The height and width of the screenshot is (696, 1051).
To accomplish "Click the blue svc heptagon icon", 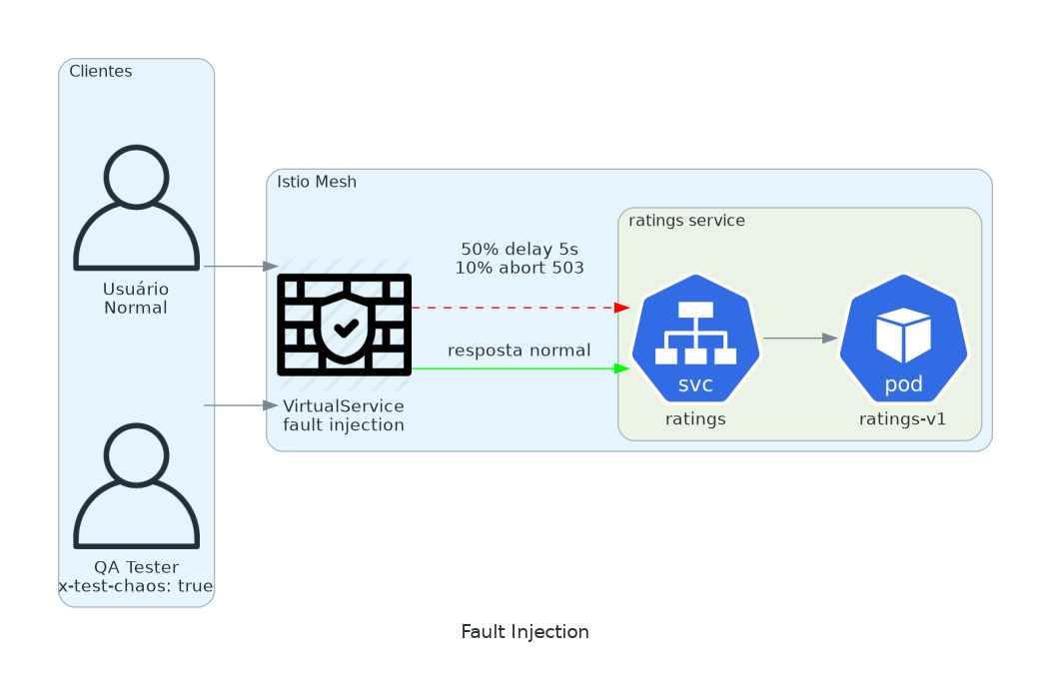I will coord(696,339).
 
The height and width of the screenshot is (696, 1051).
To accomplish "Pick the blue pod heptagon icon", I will coord(903,339).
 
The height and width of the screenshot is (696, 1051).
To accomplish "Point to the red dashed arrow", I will coord(520,308).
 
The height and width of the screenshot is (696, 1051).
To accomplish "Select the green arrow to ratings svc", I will coord(520,368).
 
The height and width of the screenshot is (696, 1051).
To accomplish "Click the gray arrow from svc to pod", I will coord(799,339).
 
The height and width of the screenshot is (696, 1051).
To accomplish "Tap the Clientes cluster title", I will coord(100,72).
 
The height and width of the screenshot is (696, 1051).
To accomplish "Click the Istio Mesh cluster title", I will coord(317,182).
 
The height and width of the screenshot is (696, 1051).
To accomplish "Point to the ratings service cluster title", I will coord(686,221).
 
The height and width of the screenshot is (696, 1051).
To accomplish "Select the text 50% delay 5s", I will coord(520,249).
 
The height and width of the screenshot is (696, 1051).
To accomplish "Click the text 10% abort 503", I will coord(520,268).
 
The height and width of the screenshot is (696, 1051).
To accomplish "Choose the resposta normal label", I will coord(520,350).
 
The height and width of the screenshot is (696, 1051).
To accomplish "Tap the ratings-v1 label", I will coord(902,419).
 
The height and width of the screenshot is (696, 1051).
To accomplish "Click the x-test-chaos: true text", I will coord(136,586).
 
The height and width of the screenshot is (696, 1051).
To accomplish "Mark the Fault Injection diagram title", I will coord(525,632).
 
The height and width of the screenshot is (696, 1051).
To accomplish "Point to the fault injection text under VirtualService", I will coord(344,425).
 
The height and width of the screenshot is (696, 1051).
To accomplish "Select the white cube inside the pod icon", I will coord(903,335).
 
